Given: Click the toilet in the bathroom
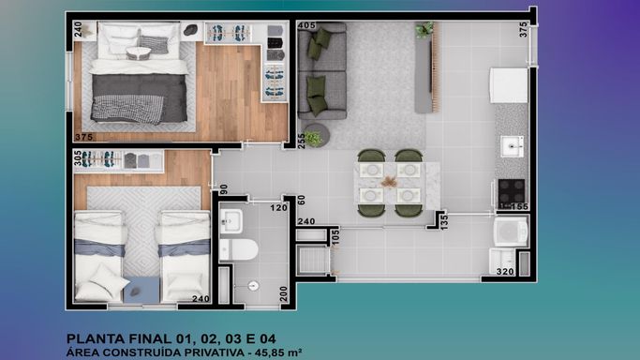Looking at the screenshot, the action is click(239, 249).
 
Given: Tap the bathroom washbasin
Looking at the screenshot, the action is click(231, 221).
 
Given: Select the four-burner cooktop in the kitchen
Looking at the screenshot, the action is click(511, 191).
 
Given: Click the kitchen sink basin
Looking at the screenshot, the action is click(512, 145).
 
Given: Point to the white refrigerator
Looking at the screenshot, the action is click(509, 85).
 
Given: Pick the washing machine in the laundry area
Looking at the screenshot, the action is click(511, 232).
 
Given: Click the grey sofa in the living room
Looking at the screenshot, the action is click(322, 71).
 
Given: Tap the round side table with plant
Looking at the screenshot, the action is click(315, 136).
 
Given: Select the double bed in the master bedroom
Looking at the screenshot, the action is click(139, 73).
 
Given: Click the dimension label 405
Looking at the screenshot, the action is click(307, 25).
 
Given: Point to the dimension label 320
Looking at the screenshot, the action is click(505, 272).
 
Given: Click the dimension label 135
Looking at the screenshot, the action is click(444, 221).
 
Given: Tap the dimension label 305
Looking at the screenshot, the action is click(78, 157).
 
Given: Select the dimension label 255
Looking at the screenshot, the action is click(302, 142).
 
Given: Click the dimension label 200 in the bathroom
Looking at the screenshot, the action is click(284, 293).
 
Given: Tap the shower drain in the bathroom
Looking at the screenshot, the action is click(253, 286).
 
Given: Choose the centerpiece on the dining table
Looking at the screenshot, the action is click(389, 182).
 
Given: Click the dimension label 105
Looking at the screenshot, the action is click(335, 237).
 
